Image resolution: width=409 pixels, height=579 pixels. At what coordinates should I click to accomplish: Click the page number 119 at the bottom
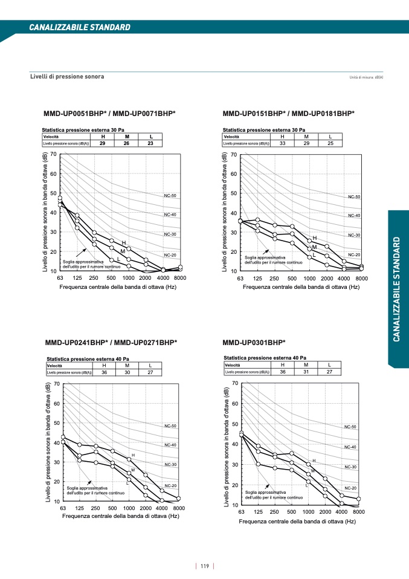point(205,566)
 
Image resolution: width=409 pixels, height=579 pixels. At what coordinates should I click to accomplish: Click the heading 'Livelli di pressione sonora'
point(67,77)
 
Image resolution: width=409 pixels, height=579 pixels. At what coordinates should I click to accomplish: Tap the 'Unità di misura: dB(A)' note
point(367,77)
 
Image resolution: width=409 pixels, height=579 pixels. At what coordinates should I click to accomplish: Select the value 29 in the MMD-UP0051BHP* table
point(103,143)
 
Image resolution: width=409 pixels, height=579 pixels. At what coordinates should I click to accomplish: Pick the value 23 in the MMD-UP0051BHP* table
point(150,143)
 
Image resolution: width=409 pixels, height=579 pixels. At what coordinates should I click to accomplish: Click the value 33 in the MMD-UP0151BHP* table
point(282,143)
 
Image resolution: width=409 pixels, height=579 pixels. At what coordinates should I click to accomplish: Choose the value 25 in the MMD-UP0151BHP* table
point(330,143)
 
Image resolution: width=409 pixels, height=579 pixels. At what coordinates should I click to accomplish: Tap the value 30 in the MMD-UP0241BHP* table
point(127,373)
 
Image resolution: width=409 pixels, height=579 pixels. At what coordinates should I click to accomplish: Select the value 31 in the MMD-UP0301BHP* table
point(306,372)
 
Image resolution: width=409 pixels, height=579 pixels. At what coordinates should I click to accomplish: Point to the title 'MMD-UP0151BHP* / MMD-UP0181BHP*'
point(288,113)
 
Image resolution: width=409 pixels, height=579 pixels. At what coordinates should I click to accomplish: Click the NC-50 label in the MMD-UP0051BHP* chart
point(170,196)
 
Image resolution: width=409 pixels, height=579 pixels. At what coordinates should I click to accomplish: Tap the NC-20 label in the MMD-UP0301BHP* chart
point(350,488)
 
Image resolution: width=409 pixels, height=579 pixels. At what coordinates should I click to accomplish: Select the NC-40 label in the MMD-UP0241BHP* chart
point(170,445)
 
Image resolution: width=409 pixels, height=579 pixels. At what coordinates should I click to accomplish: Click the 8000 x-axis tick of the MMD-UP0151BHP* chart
point(362,278)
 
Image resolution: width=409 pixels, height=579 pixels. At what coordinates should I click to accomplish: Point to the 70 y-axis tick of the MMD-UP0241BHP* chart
point(56,384)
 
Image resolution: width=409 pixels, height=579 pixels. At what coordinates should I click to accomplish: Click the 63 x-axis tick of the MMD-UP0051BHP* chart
point(60,278)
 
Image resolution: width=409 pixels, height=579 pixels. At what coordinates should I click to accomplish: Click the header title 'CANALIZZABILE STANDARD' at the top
point(80,28)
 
